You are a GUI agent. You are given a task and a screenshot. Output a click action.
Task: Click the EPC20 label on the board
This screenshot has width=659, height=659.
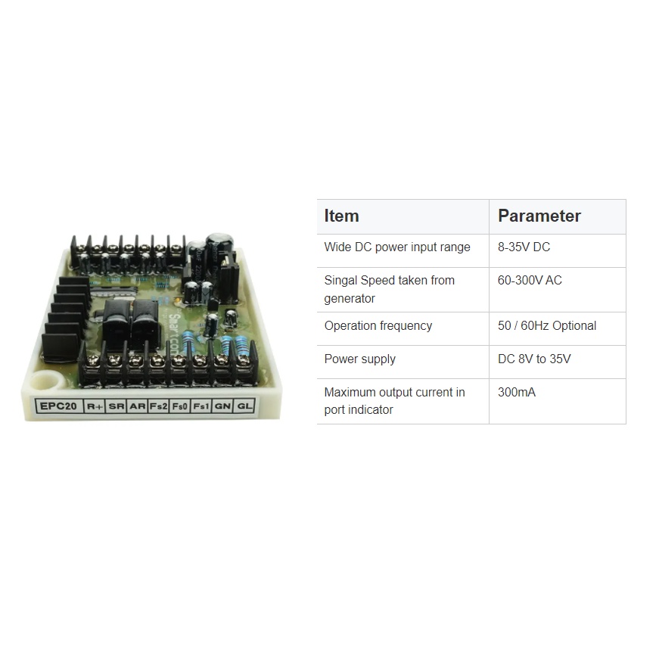(58, 406)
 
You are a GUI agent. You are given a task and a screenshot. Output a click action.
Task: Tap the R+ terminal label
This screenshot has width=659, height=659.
(95, 406)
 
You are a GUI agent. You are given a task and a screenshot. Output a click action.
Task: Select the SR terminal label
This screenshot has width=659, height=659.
(116, 406)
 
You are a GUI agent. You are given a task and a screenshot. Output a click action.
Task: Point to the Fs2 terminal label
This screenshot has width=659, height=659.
(158, 406)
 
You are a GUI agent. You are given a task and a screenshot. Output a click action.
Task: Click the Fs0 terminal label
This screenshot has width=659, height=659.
(180, 406)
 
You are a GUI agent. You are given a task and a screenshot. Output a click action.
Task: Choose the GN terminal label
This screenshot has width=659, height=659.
(222, 406)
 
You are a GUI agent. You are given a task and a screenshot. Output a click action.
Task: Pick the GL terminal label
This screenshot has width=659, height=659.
(244, 406)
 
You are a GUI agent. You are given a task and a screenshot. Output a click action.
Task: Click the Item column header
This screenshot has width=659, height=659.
(341, 216)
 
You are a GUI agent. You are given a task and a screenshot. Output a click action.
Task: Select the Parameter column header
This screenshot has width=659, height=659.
(539, 216)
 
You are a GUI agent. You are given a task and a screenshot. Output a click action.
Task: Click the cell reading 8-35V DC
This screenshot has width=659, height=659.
(524, 247)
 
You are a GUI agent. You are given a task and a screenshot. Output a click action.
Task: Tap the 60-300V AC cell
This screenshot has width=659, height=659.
(530, 281)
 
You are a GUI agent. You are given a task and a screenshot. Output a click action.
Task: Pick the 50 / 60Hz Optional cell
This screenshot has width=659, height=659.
(546, 326)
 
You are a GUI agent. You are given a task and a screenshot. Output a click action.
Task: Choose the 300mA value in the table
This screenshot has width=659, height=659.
(517, 393)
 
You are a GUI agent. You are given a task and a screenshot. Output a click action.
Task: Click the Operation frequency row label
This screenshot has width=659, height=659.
(378, 326)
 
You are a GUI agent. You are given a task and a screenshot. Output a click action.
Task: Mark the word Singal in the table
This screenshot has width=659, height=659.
(340, 281)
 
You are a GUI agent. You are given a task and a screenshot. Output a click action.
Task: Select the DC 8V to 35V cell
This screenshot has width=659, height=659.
(534, 359)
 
